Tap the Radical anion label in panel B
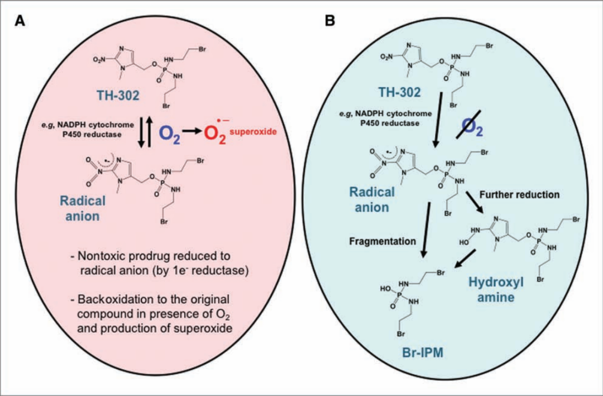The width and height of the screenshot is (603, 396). pyautogui.click(x=372, y=199)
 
